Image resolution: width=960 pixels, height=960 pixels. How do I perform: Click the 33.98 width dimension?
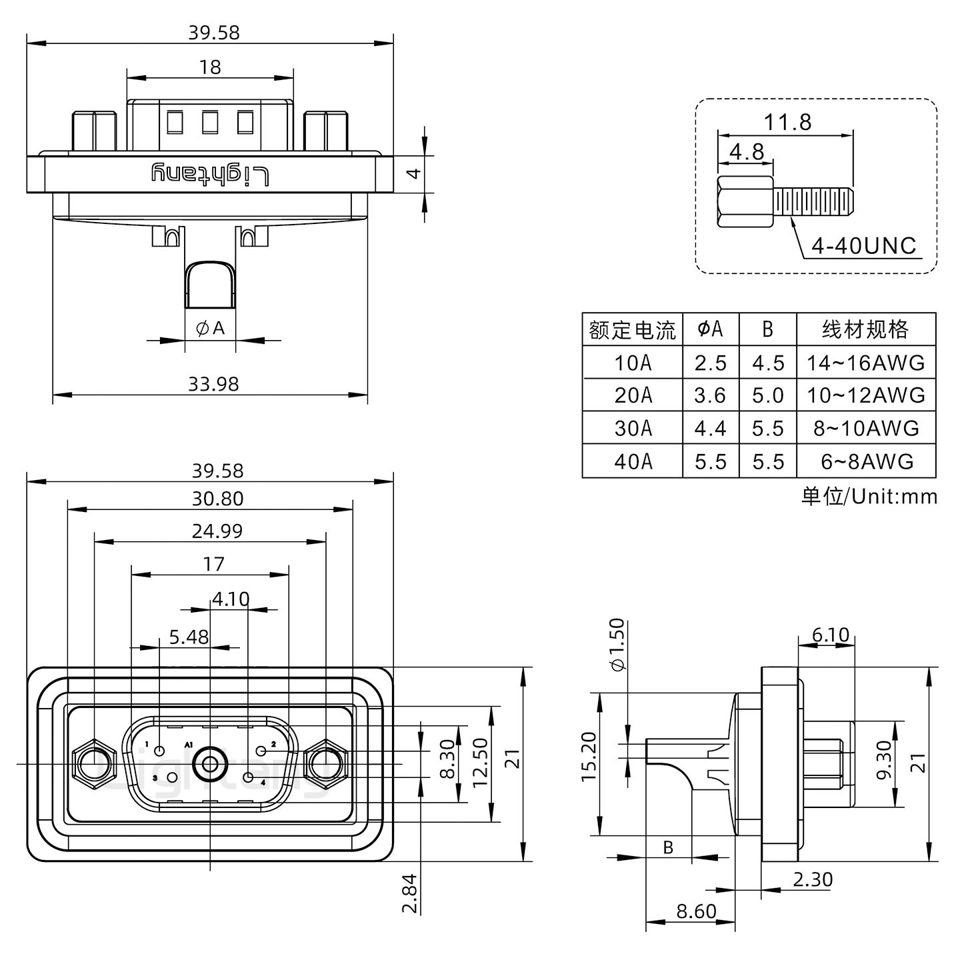[x=213, y=384]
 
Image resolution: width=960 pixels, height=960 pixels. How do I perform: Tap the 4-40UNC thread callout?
[x=863, y=246]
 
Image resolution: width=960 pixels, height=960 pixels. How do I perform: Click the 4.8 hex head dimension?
[x=747, y=151]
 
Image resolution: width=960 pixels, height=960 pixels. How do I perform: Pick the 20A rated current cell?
[x=633, y=395]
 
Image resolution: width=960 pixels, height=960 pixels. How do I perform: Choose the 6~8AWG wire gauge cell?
[x=866, y=461]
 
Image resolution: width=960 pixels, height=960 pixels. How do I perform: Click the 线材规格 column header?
[x=865, y=329]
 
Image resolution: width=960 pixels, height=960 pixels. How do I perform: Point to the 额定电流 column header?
[x=632, y=329]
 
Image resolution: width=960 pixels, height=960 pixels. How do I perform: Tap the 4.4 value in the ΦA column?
[x=710, y=428]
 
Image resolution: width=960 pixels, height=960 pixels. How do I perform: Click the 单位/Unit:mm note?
[x=869, y=497]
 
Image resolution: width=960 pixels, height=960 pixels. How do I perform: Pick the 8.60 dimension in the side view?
[x=696, y=911]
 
